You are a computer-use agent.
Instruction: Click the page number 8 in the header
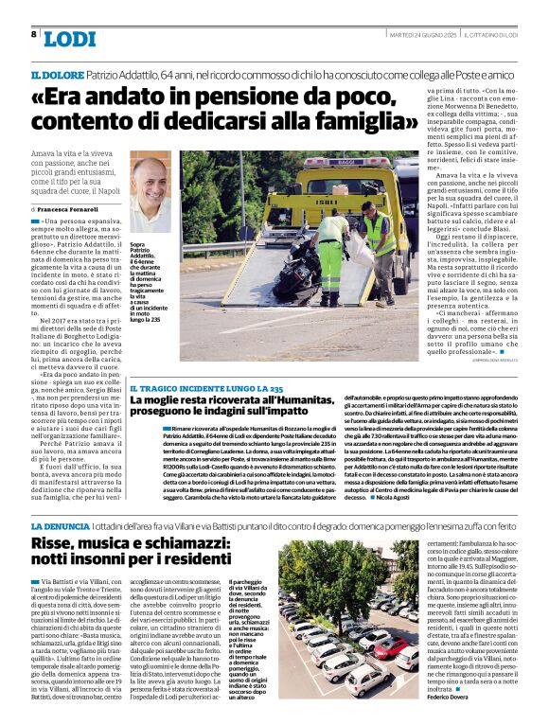(x=33, y=34)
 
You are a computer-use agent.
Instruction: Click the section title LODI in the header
(x=69, y=39)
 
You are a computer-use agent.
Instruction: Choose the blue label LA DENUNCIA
(x=62, y=525)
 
